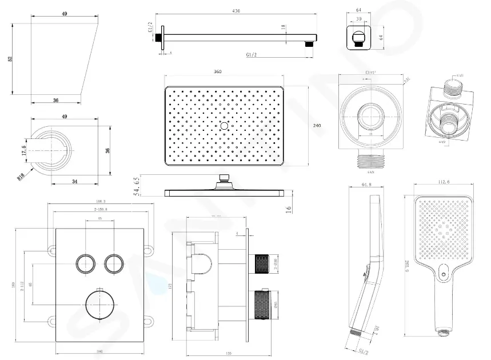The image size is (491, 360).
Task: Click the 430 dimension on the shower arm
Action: pyautogui.click(x=235, y=10)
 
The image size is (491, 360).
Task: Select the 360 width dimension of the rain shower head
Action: pyautogui.click(x=218, y=72)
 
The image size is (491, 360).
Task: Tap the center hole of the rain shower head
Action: pyautogui.click(x=225, y=124)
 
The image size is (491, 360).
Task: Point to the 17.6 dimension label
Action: pyautogui.click(x=24, y=150)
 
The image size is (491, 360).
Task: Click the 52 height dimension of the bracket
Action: pyautogui.click(x=10, y=59)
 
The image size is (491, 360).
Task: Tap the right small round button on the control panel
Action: pyautogui.click(x=113, y=263)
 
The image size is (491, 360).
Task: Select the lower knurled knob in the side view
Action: pyautogui.click(x=262, y=303)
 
